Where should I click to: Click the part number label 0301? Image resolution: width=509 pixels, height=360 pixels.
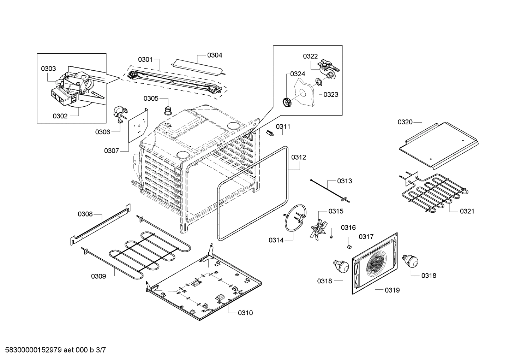tap(145, 59)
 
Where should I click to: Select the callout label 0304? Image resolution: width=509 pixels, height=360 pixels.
tap(215, 55)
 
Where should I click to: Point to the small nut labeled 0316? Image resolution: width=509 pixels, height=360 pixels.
tap(332, 236)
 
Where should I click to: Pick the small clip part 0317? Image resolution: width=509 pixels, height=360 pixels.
tap(349, 246)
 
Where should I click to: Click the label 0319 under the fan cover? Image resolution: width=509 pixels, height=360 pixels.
tap(392, 290)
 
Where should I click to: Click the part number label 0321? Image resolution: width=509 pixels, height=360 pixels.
tap(467, 211)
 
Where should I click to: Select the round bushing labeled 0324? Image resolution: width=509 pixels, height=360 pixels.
tap(288, 102)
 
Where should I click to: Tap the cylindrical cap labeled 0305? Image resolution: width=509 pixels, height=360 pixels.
tap(168, 110)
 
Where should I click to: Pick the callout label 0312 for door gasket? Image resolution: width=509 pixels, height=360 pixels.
tap(299, 157)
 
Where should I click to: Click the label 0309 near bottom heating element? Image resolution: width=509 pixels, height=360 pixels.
tap(98, 276)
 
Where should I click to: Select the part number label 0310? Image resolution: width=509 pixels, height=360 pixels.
tap(245, 313)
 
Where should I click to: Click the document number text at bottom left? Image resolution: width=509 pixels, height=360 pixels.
tap(53, 350)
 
